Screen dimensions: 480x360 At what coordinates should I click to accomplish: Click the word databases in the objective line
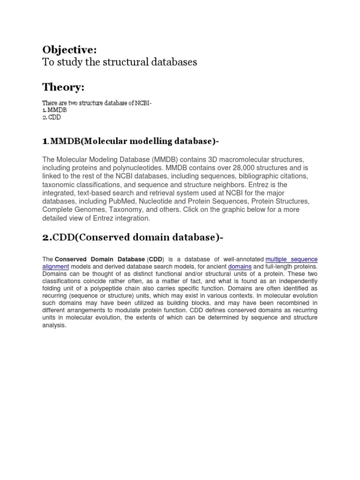pyautogui.click(x=170, y=62)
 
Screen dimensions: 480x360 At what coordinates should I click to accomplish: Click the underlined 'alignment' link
pyautogui.click(x=55, y=266)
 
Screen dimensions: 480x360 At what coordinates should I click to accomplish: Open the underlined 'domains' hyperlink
pyautogui.click(x=240, y=266)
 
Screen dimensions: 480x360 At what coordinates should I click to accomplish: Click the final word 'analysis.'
pyautogui.click(x=54, y=325)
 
